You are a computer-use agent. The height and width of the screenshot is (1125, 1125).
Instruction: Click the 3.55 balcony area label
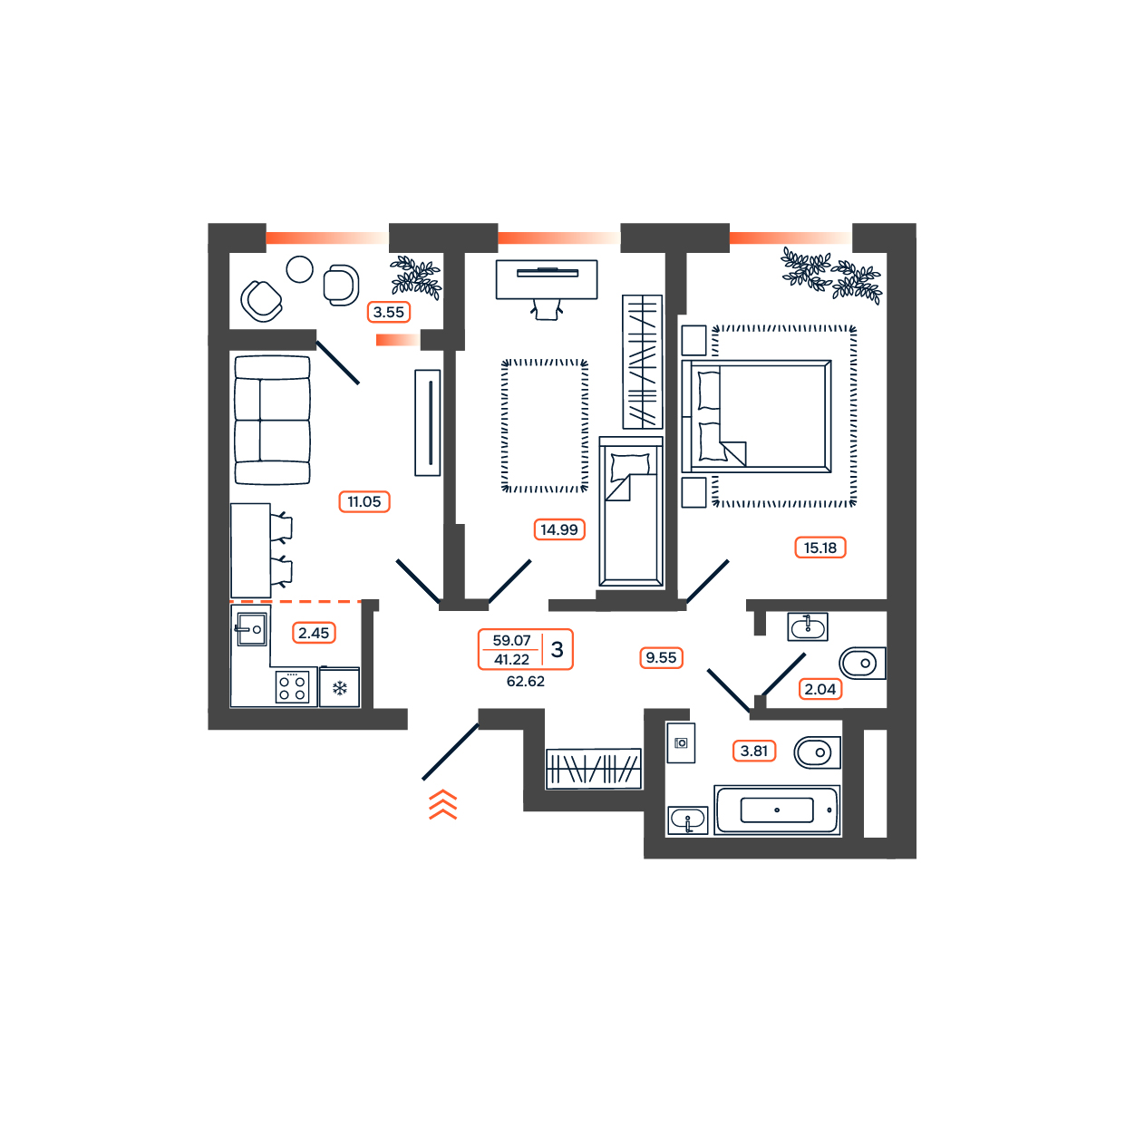pos(388,312)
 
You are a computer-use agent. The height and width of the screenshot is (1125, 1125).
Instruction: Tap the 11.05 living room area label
pos(364,501)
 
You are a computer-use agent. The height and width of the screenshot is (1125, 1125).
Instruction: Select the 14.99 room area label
pos(558,529)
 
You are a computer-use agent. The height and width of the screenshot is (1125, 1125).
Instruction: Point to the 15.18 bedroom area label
pos(820,548)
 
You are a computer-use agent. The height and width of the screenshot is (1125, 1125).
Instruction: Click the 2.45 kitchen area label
pos(314,632)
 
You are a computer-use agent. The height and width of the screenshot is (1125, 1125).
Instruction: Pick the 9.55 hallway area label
pos(661,657)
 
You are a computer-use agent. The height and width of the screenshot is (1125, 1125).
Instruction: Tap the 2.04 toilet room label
pos(820,689)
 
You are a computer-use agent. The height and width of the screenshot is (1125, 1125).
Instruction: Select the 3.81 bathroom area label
pos(753,751)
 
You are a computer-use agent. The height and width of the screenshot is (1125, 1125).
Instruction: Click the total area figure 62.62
pos(526,682)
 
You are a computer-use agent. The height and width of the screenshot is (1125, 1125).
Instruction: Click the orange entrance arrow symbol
pos(442,804)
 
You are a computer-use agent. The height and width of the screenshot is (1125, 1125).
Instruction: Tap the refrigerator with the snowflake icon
pos(339,687)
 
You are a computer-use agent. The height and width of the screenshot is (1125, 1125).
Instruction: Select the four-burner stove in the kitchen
pos(292,687)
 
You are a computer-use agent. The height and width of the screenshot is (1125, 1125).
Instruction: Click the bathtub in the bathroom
pos(777,810)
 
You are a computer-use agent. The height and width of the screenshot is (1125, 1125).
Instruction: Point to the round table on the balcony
pos(299,270)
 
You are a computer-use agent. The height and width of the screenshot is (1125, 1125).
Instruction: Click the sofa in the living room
pos(272,421)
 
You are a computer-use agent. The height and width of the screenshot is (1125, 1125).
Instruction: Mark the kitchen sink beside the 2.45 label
pos(252,629)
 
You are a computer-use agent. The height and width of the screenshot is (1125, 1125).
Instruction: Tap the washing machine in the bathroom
pos(681,742)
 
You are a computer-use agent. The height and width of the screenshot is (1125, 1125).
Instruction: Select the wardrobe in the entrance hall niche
pos(593,769)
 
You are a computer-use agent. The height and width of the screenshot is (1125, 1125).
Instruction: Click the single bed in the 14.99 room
pos(631,511)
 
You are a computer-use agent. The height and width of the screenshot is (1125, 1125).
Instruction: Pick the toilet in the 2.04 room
pos(862,663)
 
